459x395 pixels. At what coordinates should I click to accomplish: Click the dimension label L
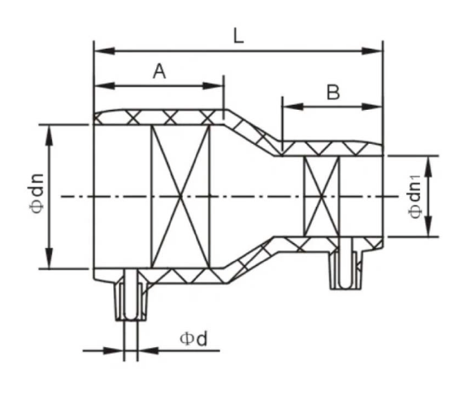[238, 36]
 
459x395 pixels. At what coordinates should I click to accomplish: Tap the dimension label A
[160, 71]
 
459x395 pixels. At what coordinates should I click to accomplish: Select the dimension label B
[333, 92]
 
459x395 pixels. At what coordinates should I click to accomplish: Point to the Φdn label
[37, 193]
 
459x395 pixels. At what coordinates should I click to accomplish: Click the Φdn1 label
[415, 197]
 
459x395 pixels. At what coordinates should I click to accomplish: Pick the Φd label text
[194, 339]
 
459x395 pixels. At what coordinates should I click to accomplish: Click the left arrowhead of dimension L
[104, 51]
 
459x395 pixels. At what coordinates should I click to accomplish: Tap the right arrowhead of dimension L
[372, 51]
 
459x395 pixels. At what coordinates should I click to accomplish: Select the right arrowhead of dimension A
[213, 86]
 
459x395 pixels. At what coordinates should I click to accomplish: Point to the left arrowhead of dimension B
[293, 107]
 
